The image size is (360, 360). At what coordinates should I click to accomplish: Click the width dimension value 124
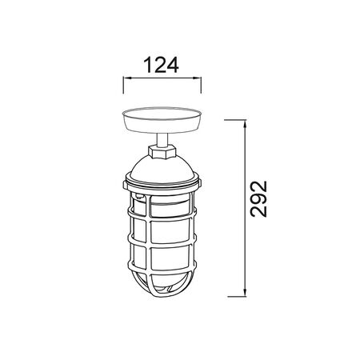tap(161, 65)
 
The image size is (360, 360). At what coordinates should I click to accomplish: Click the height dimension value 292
tap(258, 199)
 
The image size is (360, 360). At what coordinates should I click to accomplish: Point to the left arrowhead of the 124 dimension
tap(127, 78)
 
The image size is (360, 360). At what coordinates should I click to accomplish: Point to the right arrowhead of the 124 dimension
tap(197, 78)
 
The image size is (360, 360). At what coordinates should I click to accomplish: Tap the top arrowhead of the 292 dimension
tap(245, 124)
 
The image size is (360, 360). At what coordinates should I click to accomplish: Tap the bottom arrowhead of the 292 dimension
tap(245, 292)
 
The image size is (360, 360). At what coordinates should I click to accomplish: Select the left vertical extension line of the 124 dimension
tap(123, 85)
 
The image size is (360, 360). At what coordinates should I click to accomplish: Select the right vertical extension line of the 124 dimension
tap(201, 85)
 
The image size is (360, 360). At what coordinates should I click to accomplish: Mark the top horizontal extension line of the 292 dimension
tap(235, 120)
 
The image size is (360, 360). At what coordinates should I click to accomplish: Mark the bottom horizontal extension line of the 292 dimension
tap(237, 296)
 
